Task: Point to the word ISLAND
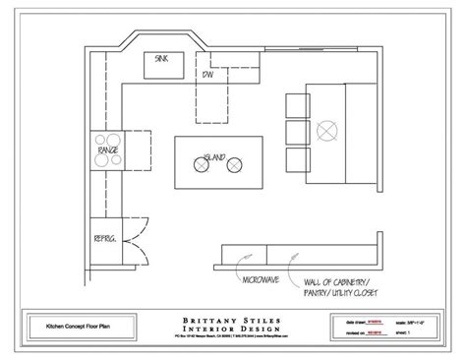(215, 155)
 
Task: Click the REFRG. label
(103, 240)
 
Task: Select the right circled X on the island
(233, 168)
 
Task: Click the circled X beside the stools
(327, 128)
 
